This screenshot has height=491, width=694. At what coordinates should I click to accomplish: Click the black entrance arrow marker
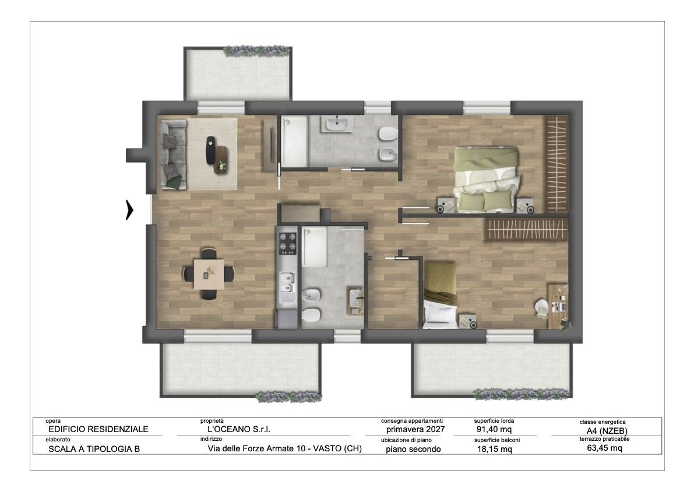(x=130, y=210)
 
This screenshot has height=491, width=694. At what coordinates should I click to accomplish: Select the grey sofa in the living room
(x=174, y=155)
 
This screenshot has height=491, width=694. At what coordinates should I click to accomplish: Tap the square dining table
(x=209, y=275)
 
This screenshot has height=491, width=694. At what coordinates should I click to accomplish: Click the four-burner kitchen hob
(x=287, y=243)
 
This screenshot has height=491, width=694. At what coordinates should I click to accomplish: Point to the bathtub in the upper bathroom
(x=294, y=141)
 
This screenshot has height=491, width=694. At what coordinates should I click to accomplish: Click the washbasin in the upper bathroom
(x=339, y=124)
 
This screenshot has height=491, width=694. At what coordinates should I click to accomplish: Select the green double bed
(x=487, y=179)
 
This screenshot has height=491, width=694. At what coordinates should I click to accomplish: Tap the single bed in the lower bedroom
(x=440, y=294)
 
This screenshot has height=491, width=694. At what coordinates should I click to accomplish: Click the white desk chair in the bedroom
(x=541, y=307)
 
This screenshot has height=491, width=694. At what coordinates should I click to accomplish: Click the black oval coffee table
(x=211, y=150)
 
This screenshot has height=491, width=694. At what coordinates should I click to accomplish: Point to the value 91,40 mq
(x=494, y=429)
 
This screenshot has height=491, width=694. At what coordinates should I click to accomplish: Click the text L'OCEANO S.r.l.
(x=239, y=429)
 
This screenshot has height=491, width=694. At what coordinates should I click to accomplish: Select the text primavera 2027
(x=415, y=429)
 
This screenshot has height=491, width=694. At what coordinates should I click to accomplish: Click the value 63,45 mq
(x=604, y=448)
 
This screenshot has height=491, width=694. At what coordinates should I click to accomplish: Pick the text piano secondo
(x=413, y=449)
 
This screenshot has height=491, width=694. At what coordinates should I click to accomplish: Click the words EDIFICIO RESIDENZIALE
(x=98, y=429)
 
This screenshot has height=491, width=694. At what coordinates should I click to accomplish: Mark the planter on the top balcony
(x=258, y=51)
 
